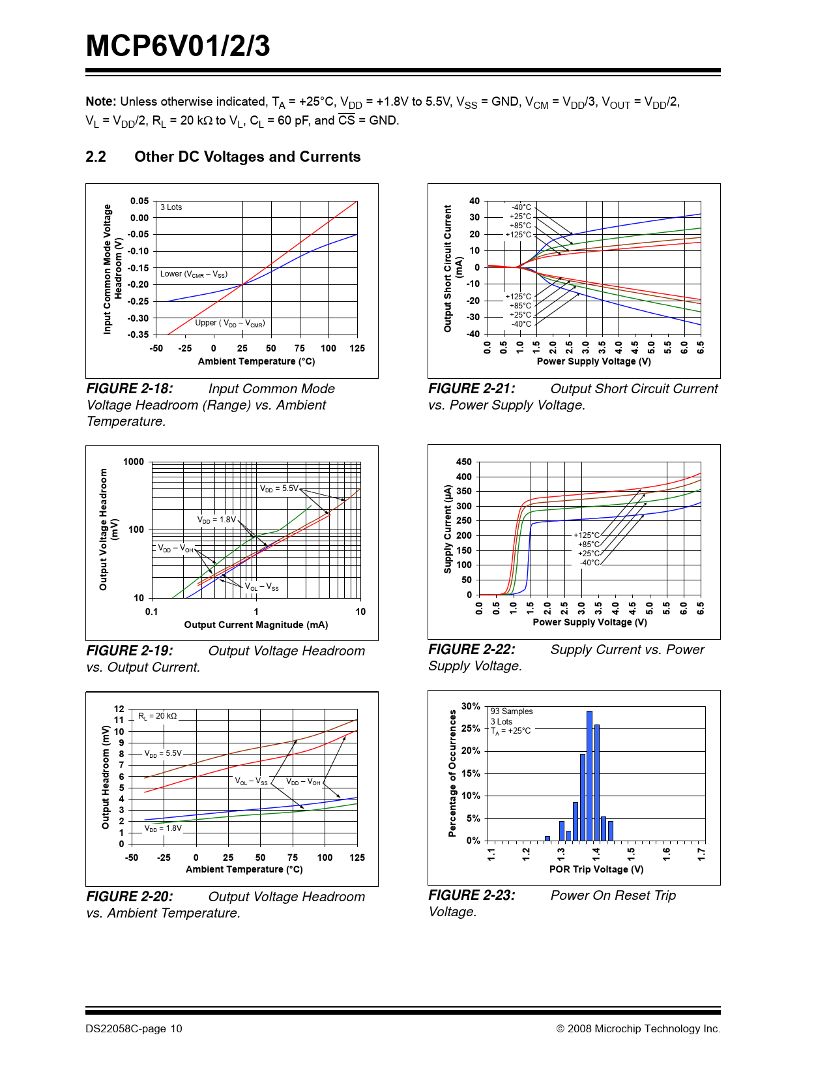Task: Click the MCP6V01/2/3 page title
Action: click(178, 47)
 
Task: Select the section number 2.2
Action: click(96, 157)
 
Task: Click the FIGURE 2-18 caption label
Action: click(130, 389)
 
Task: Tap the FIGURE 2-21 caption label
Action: click(471, 389)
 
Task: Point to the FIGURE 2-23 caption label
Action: click(471, 895)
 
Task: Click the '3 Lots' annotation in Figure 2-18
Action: click(171, 207)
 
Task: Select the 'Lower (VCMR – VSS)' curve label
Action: click(194, 274)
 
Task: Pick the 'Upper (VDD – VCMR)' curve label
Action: click(230, 323)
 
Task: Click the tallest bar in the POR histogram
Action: click(589, 776)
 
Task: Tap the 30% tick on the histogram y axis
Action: click(471, 706)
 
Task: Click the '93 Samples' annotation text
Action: click(512, 711)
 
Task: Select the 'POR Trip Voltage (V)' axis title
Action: click(596, 869)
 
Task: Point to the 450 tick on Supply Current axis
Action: click(464, 462)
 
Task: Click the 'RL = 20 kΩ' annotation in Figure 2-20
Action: click(157, 716)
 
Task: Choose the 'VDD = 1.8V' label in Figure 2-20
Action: click(163, 828)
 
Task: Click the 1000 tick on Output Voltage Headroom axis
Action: click(134, 462)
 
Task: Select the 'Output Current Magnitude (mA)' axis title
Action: click(256, 625)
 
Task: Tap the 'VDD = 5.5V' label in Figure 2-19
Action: click(279, 488)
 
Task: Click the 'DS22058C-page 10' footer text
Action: click(134, 1029)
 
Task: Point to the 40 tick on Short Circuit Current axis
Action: click(474, 201)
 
